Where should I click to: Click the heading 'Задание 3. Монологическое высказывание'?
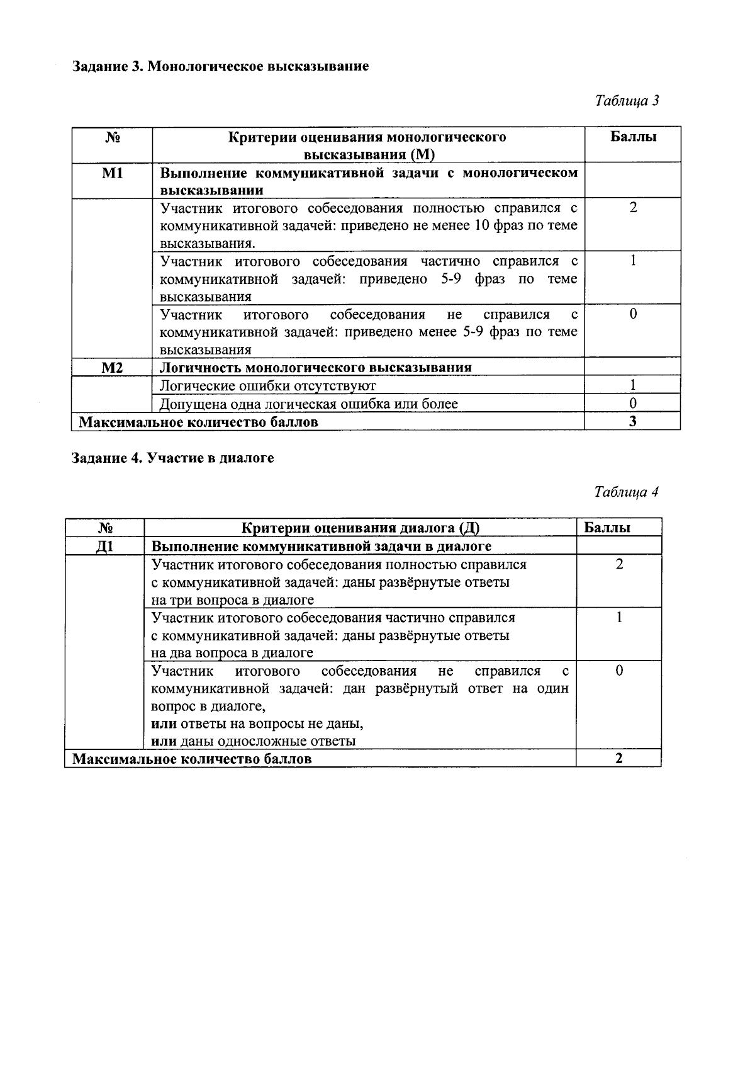[x=220, y=66]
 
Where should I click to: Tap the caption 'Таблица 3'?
[x=627, y=101]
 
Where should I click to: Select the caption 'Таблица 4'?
[x=627, y=492]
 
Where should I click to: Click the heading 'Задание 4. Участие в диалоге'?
[x=173, y=458]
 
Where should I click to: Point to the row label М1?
[x=112, y=173]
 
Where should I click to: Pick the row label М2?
[x=112, y=368]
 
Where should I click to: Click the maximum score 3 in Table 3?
[x=633, y=422]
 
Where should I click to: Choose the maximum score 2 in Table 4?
[x=619, y=759]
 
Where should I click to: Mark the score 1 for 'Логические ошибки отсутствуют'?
[x=633, y=385]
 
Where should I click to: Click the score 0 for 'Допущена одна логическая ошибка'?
[x=633, y=404]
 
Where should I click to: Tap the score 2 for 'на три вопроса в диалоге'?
[x=619, y=565]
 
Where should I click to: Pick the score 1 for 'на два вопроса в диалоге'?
[x=619, y=618]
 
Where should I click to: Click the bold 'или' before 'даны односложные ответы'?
[x=164, y=741]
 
